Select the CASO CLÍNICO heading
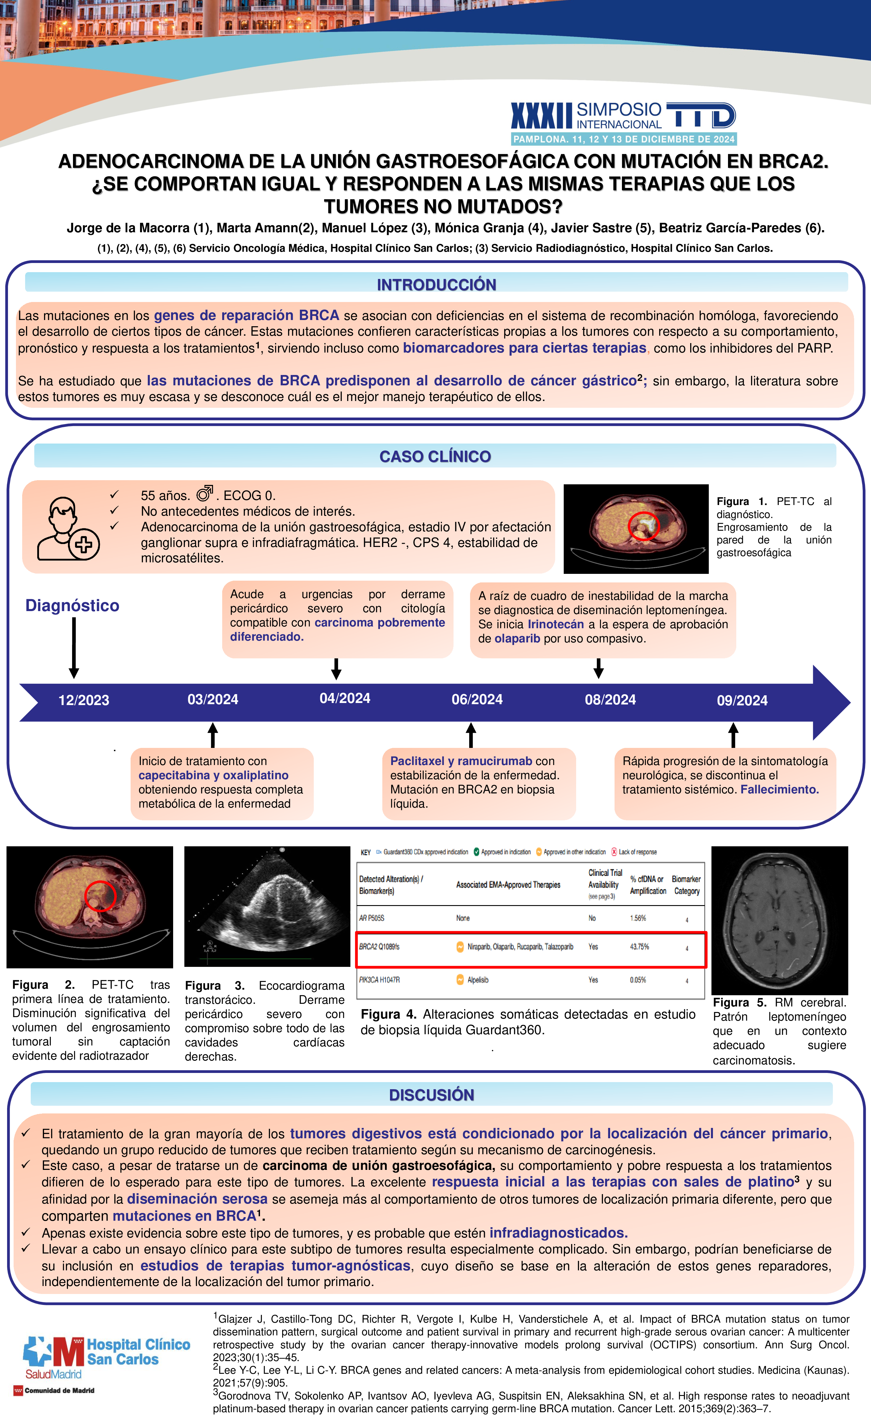435,457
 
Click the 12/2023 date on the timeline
84,700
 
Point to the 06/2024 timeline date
477,700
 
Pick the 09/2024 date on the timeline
742,700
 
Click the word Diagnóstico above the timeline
72,606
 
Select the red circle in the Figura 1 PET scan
643,526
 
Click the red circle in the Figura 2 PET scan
100,896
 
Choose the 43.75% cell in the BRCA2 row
639,947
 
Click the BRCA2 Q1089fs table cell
379,947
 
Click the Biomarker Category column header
686,885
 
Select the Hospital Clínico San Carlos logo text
138,1352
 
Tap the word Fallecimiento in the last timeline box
780,790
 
